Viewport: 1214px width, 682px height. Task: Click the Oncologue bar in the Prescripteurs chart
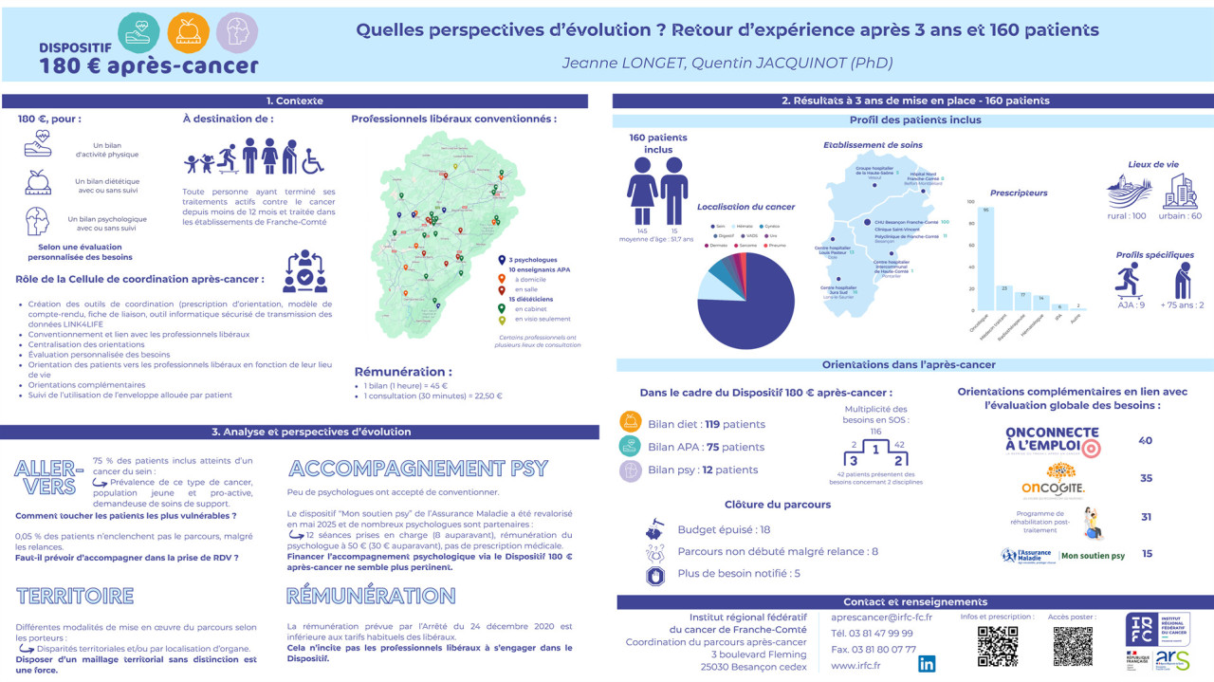pyautogui.click(x=987, y=258)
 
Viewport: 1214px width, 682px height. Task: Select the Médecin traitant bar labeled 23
pyautogui.click(x=1004, y=298)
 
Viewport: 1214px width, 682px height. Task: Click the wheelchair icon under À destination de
pyautogui.click(x=313, y=160)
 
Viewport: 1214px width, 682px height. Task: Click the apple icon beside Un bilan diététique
pyautogui.click(x=37, y=180)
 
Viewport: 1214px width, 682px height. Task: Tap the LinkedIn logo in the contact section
pyautogui.click(x=927, y=664)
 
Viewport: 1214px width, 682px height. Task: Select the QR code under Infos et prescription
pyautogui.click(x=997, y=646)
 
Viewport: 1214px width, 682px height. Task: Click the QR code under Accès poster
pyautogui.click(x=1073, y=646)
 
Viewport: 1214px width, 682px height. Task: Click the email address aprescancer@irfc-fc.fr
pyautogui.click(x=874, y=617)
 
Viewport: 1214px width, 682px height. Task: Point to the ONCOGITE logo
pyautogui.click(x=1053, y=478)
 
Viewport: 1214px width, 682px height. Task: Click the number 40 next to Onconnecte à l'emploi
pyautogui.click(x=1145, y=440)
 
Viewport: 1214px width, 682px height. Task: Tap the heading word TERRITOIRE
pyautogui.click(x=75, y=596)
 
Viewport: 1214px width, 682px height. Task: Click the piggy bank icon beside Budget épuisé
pyautogui.click(x=654, y=528)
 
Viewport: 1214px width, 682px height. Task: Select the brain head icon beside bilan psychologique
pyautogui.click(x=37, y=221)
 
